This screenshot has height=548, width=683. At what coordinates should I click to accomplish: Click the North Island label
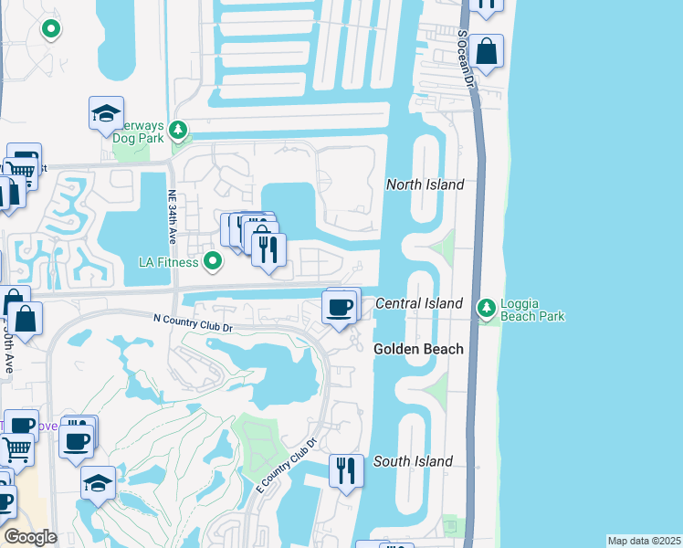[x=425, y=184]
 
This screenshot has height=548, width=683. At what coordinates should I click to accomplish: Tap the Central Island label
[x=419, y=303]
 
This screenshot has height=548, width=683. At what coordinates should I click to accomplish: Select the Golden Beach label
[x=418, y=349]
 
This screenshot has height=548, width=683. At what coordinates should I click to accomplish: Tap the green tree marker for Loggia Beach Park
[x=487, y=309]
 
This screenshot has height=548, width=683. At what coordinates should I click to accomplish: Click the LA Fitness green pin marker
[x=214, y=263]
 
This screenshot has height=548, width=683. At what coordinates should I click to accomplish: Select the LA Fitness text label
[x=168, y=263]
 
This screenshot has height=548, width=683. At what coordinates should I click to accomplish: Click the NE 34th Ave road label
[x=172, y=217]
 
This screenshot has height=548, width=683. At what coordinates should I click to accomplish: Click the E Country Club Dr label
[x=285, y=464]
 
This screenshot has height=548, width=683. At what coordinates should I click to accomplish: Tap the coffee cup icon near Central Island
[x=340, y=306]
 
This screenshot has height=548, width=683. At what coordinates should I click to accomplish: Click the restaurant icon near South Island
[x=346, y=470]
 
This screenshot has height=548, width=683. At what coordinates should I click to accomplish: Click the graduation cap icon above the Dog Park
[x=106, y=114]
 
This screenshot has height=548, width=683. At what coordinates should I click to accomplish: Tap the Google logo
[x=29, y=537]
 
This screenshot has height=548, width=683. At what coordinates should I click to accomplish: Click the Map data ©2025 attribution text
[x=643, y=541]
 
